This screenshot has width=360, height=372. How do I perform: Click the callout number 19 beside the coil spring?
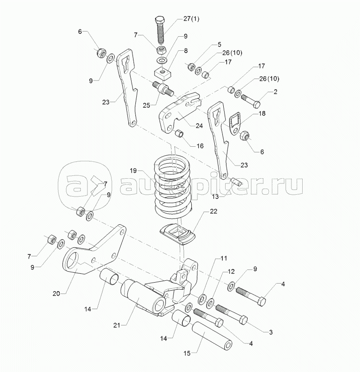tap(134, 170)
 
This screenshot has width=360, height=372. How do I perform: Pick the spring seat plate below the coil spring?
tap(178, 233)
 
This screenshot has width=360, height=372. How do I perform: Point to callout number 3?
tap(271, 332)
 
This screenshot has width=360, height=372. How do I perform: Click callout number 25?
tap(146, 106)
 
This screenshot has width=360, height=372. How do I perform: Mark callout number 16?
tap(200, 146)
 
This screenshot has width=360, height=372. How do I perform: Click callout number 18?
tap(262, 114)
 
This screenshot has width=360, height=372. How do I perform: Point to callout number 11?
tap(223, 258)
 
